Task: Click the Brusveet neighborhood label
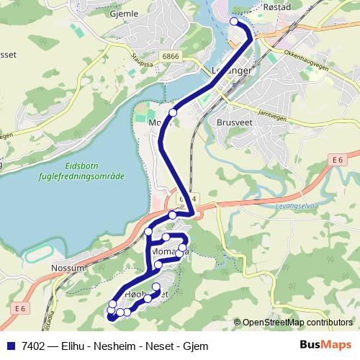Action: point(233,122)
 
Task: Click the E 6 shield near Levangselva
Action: point(339,159)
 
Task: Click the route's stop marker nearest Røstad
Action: point(234,22)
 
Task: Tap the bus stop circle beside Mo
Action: point(173,112)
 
